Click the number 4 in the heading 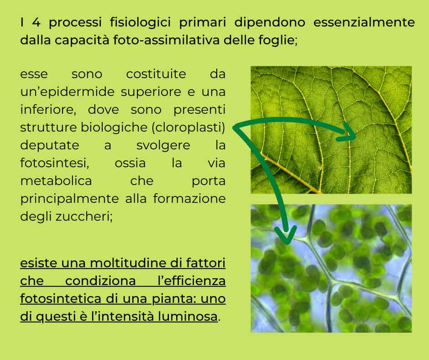36,22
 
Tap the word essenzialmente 364,22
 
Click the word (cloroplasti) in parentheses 188,127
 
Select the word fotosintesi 54,163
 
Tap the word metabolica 56,181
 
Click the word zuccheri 83,217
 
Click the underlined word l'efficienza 192,281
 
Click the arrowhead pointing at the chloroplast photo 286,234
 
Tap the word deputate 50,145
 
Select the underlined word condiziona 100,281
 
